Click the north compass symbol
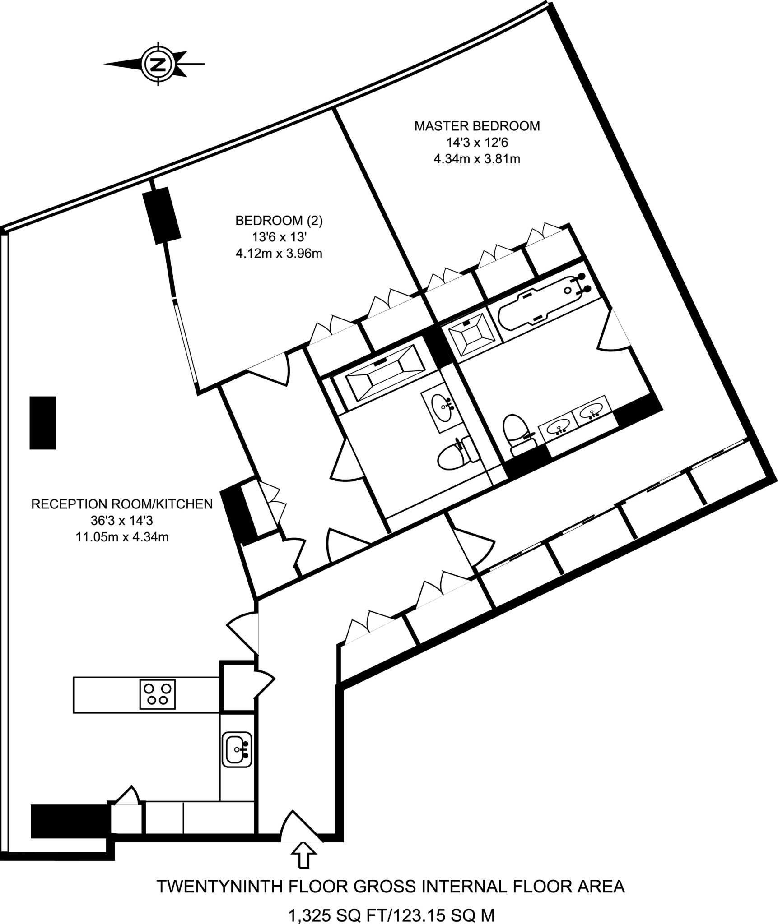158,64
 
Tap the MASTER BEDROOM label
477,126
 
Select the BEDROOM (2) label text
279,221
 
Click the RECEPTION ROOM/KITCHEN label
122,504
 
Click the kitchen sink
237,749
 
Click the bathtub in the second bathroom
385,372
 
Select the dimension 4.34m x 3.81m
477,159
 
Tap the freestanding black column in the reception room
43,423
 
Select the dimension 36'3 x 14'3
122,521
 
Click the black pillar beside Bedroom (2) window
162,216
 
